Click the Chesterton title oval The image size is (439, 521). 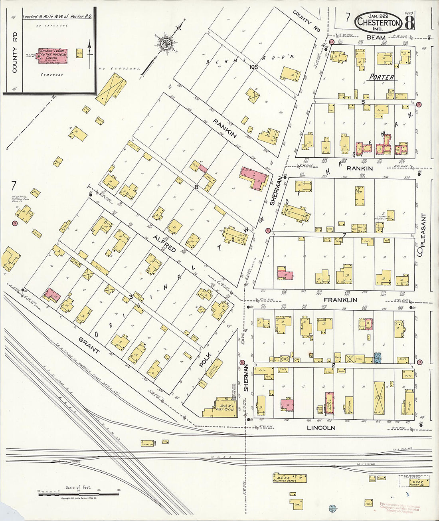click(x=378, y=22)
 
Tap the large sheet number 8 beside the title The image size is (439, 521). click(x=409, y=23)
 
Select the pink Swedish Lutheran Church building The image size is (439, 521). click(x=53, y=56)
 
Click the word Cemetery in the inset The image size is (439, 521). click(x=52, y=75)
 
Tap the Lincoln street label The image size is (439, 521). click(x=321, y=428)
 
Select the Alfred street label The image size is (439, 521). click(x=164, y=244)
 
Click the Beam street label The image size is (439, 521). click(x=376, y=38)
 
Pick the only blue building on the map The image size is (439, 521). click(x=378, y=358)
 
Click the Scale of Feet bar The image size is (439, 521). click(x=79, y=494)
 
